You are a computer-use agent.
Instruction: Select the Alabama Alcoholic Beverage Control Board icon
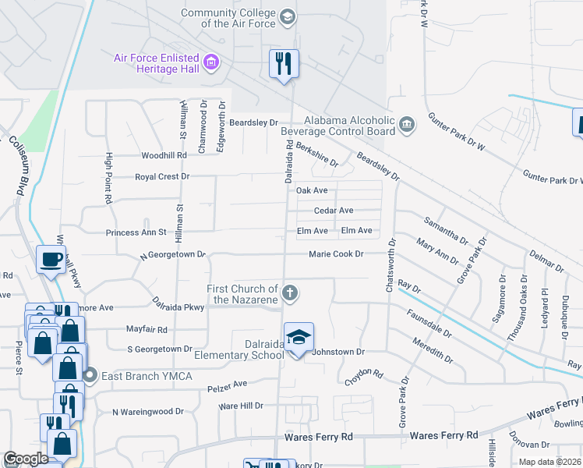click(x=406, y=125)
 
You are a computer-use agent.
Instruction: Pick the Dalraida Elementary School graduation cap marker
click(x=299, y=338)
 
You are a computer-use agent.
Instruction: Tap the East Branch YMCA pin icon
click(x=90, y=375)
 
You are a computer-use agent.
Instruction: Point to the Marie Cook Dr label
click(x=336, y=254)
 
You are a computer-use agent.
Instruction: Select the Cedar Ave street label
click(x=334, y=211)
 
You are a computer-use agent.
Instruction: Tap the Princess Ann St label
click(x=136, y=232)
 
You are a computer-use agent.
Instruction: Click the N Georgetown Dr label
click(x=171, y=255)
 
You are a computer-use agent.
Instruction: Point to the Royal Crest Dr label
click(x=162, y=177)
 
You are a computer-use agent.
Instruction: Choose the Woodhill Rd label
click(x=161, y=155)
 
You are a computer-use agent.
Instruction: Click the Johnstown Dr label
click(x=338, y=352)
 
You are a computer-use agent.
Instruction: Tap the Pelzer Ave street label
click(x=227, y=384)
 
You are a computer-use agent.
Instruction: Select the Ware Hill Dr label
click(x=241, y=406)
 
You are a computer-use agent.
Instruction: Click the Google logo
click(x=26, y=459)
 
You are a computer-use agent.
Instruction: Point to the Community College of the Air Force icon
click(x=287, y=17)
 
